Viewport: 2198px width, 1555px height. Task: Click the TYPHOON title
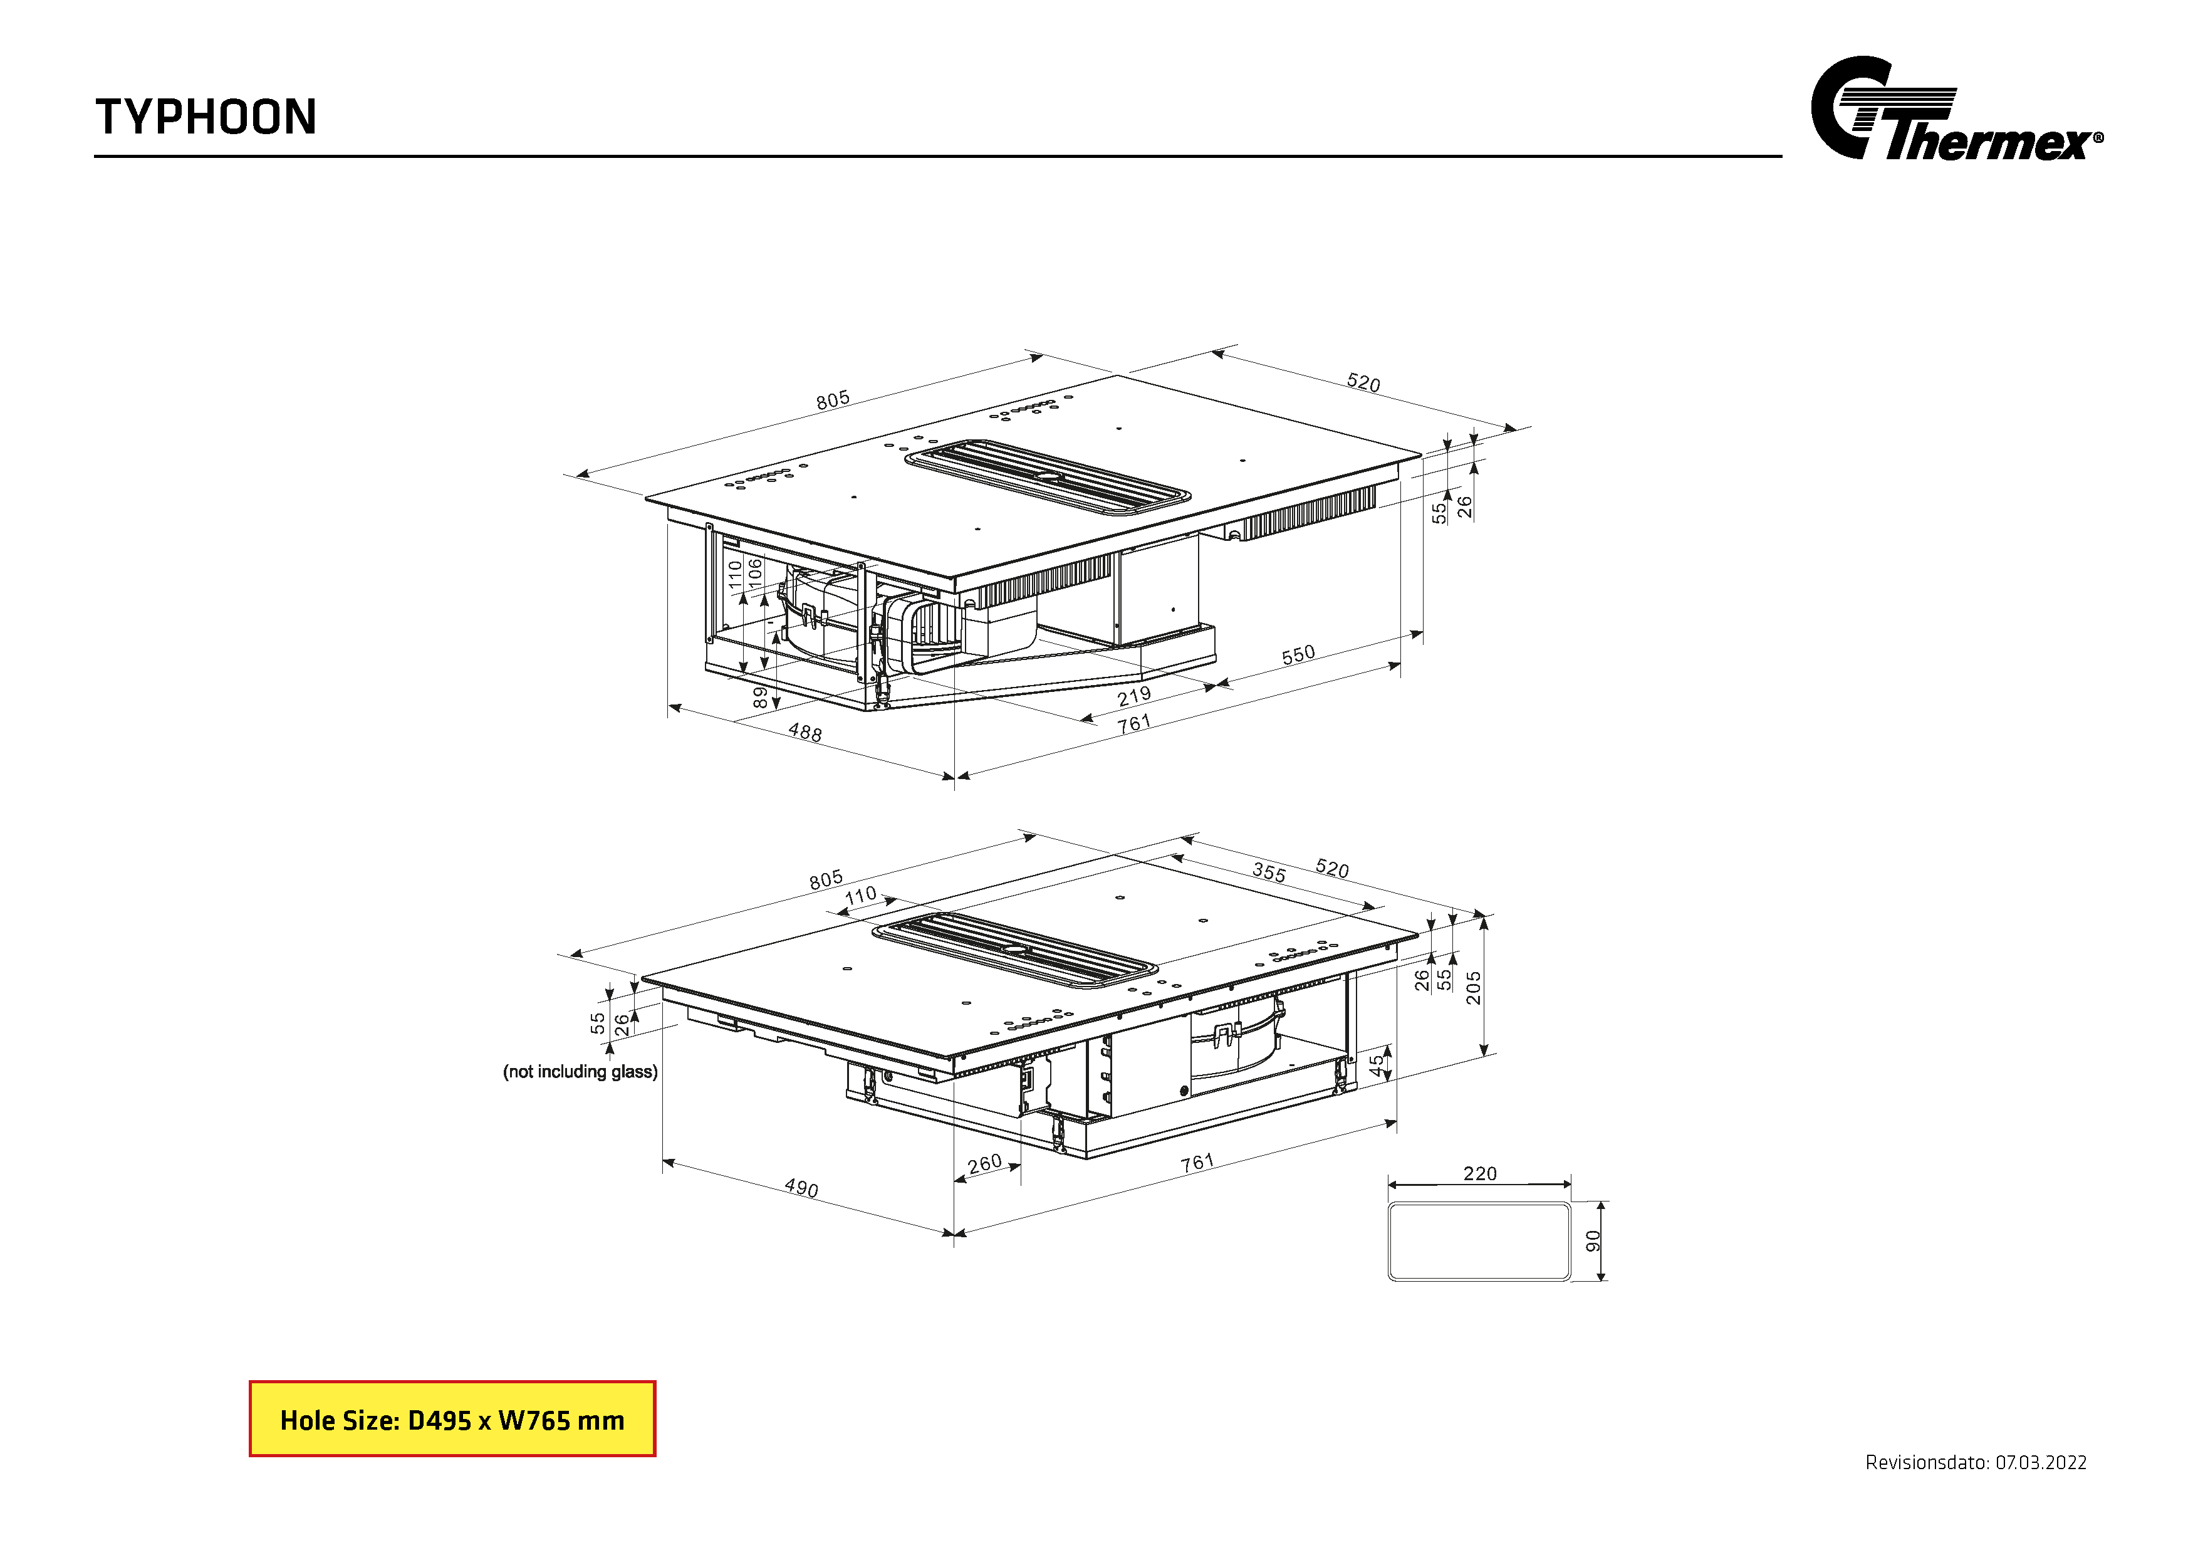tap(206, 117)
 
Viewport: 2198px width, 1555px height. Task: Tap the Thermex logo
tap(1956, 108)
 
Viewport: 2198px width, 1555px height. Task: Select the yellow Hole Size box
tap(452, 1419)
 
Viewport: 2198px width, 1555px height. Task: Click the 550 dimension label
tap(1298, 655)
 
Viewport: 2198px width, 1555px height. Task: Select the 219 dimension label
tap(1135, 696)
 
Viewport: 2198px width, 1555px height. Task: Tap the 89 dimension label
tap(760, 697)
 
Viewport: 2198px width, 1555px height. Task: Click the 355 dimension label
tap(1269, 872)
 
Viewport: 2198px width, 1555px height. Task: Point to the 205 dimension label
tap(1473, 987)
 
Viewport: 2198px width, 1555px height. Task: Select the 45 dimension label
tap(1377, 1065)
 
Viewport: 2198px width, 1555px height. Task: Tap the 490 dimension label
tap(801, 1188)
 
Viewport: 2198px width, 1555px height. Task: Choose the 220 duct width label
tap(1480, 1173)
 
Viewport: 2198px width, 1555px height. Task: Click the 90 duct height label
tap(1593, 1241)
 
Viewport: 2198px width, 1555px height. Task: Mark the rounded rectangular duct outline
tap(1480, 1203)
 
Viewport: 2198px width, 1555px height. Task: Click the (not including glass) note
tap(580, 1072)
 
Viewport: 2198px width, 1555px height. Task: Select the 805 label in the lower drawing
tap(826, 879)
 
